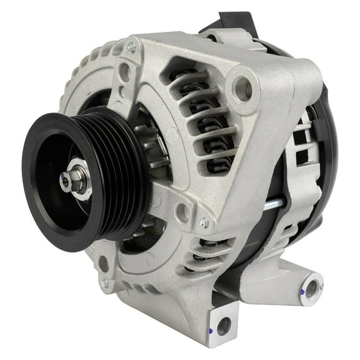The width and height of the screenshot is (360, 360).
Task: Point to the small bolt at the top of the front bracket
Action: (131, 46)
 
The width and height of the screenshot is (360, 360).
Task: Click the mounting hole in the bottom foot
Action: (224, 325)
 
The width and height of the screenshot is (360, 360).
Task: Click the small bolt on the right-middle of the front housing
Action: (204, 222)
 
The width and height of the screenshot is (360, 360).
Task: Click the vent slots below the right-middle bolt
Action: (206, 250)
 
